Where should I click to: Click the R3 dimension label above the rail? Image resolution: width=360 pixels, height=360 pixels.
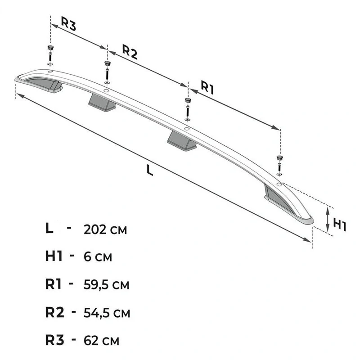(68, 23)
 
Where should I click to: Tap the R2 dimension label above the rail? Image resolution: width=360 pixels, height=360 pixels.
(130, 52)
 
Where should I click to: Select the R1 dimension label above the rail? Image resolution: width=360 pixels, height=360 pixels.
(207, 87)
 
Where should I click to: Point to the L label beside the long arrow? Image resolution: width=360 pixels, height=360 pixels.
(150, 171)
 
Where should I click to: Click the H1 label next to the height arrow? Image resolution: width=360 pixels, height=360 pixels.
(339, 224)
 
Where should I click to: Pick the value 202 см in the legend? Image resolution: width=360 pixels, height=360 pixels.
(105, 229)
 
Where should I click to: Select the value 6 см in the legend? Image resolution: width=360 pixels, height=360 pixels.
(98, 257)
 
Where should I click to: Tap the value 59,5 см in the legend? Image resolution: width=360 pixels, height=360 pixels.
(106, 285)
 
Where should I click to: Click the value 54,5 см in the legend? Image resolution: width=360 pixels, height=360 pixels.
(107, 313)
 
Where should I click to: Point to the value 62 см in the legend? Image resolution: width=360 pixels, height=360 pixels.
(101, 341)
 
